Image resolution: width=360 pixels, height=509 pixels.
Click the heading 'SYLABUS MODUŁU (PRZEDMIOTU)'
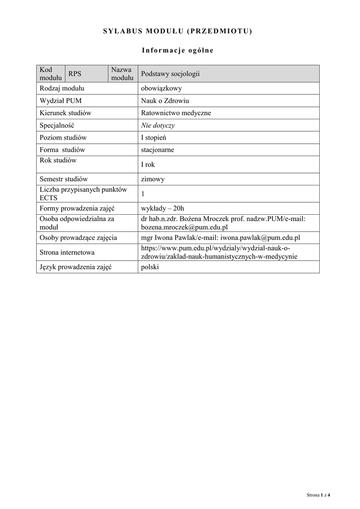[x=178, y=31]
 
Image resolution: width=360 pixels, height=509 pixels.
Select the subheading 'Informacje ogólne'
[x=178, y=50]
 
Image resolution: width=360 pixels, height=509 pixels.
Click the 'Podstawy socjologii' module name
[x=170, y=74]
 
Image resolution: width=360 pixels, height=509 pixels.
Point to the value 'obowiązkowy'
[x=162, y=88]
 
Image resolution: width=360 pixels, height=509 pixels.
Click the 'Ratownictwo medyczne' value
[x=176, y=113]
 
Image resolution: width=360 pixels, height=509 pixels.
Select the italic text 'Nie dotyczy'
[x=158, y=125]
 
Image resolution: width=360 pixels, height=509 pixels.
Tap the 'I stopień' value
[x=154, y=137]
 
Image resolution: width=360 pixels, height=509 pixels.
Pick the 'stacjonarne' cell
[x=158, y=150]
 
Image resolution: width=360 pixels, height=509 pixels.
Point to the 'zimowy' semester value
[x=153, y=179]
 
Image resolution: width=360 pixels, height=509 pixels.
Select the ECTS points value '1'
[x=143, y=193]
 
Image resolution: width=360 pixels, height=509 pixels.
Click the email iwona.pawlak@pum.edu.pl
[x=260, y=238]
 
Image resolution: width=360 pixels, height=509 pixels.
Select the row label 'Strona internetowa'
[x=67, y=253]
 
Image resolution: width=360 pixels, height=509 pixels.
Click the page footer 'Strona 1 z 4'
[x=318, y=495]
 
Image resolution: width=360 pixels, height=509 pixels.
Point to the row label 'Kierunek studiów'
[x=66, y=113]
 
